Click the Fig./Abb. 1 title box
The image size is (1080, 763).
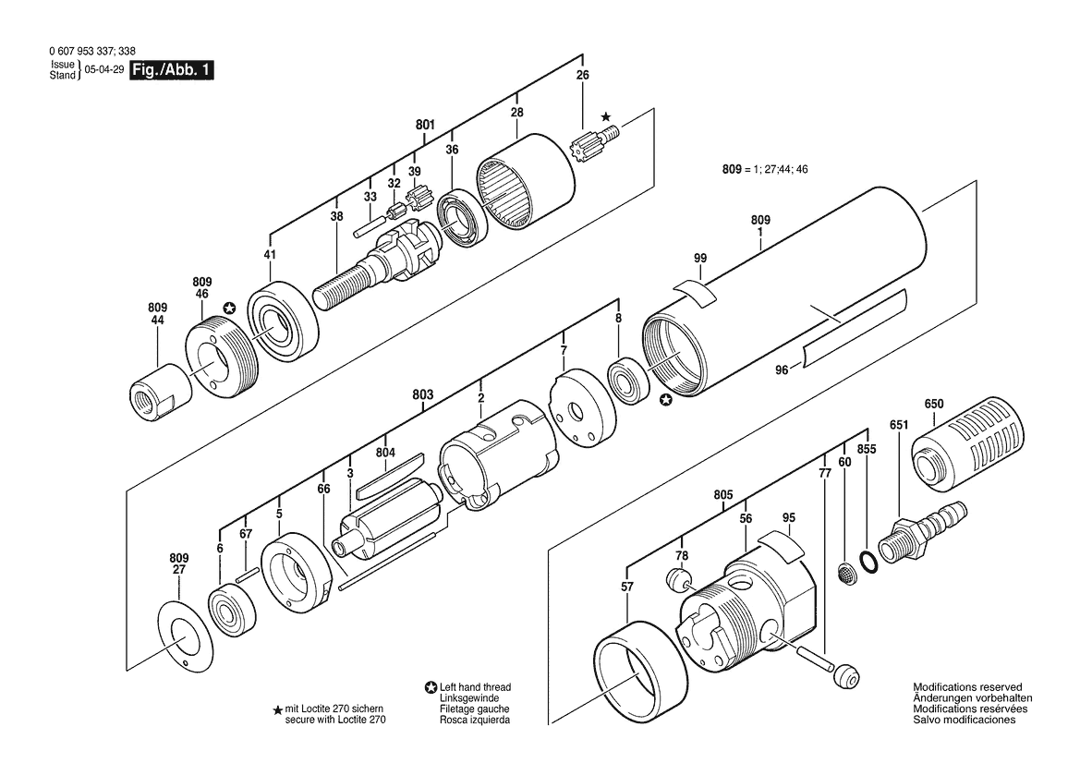(x=172, y=70)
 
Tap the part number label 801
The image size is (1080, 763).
(x=425, y=125)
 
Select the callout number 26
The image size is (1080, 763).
(x=583, y=75)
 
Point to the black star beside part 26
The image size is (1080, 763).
(x=605, y=117)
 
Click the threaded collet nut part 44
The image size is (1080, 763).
(x=161, y=391)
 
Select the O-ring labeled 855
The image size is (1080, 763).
(x=870, y=562)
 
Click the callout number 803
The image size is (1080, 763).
(x=423, y=394)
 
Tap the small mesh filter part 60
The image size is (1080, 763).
(x=845, y=573)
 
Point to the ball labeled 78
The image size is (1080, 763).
(x=678, y=579)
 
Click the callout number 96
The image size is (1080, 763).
(x=781, y=370)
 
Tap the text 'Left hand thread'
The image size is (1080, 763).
(x=475, y=687)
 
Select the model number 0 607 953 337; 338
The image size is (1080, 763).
(x=92, y=51)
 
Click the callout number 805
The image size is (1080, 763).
(x=723, y=495)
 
